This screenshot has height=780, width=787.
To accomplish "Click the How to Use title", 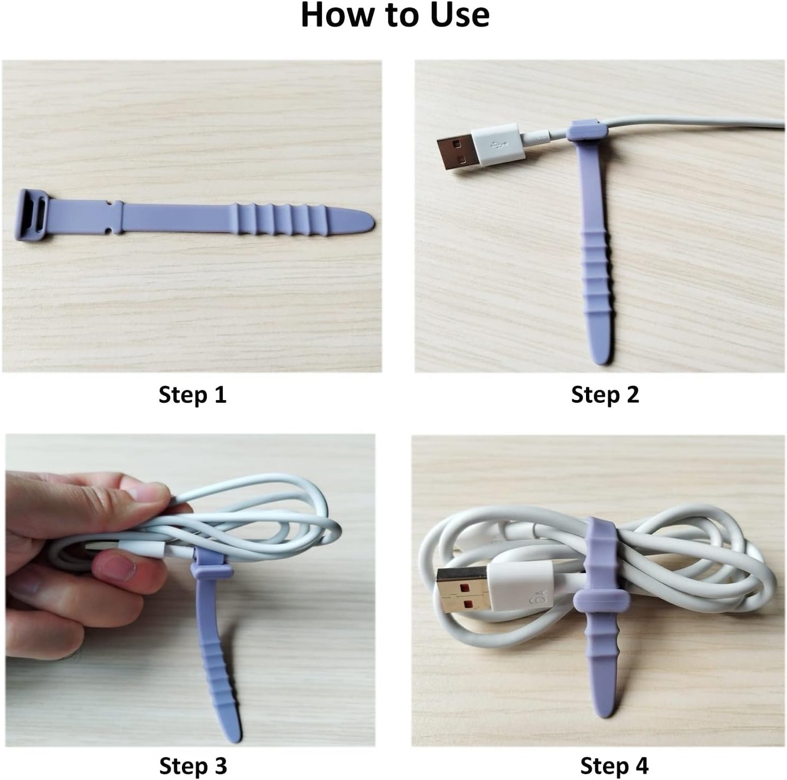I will (x=395, y=15).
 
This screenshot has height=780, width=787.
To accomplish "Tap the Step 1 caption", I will (x=192, y=395).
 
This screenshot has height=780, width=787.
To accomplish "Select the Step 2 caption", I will (x=605, y=395).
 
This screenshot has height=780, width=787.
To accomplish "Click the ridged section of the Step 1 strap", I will (x=278, y=219).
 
